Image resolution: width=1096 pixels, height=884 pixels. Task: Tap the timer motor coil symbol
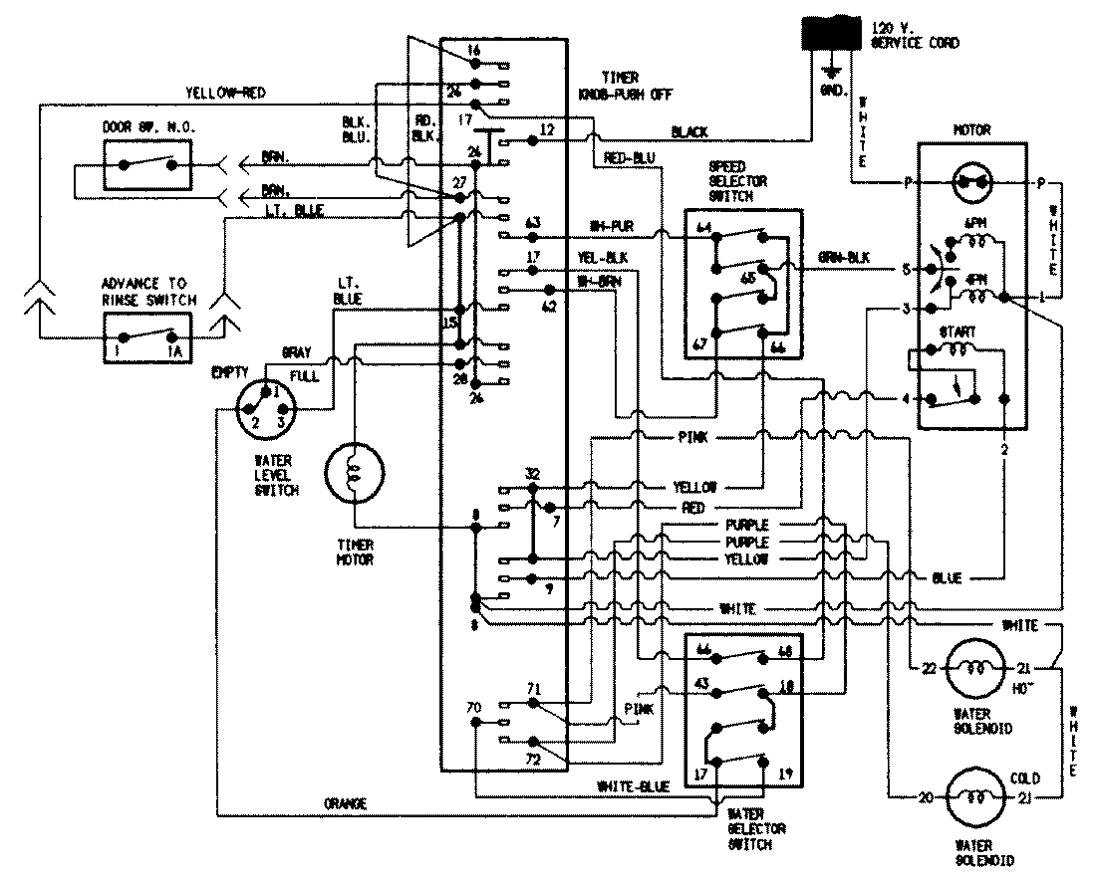[x=354, y=477]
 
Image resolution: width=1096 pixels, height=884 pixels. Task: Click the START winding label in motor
[x=963, y=331]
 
